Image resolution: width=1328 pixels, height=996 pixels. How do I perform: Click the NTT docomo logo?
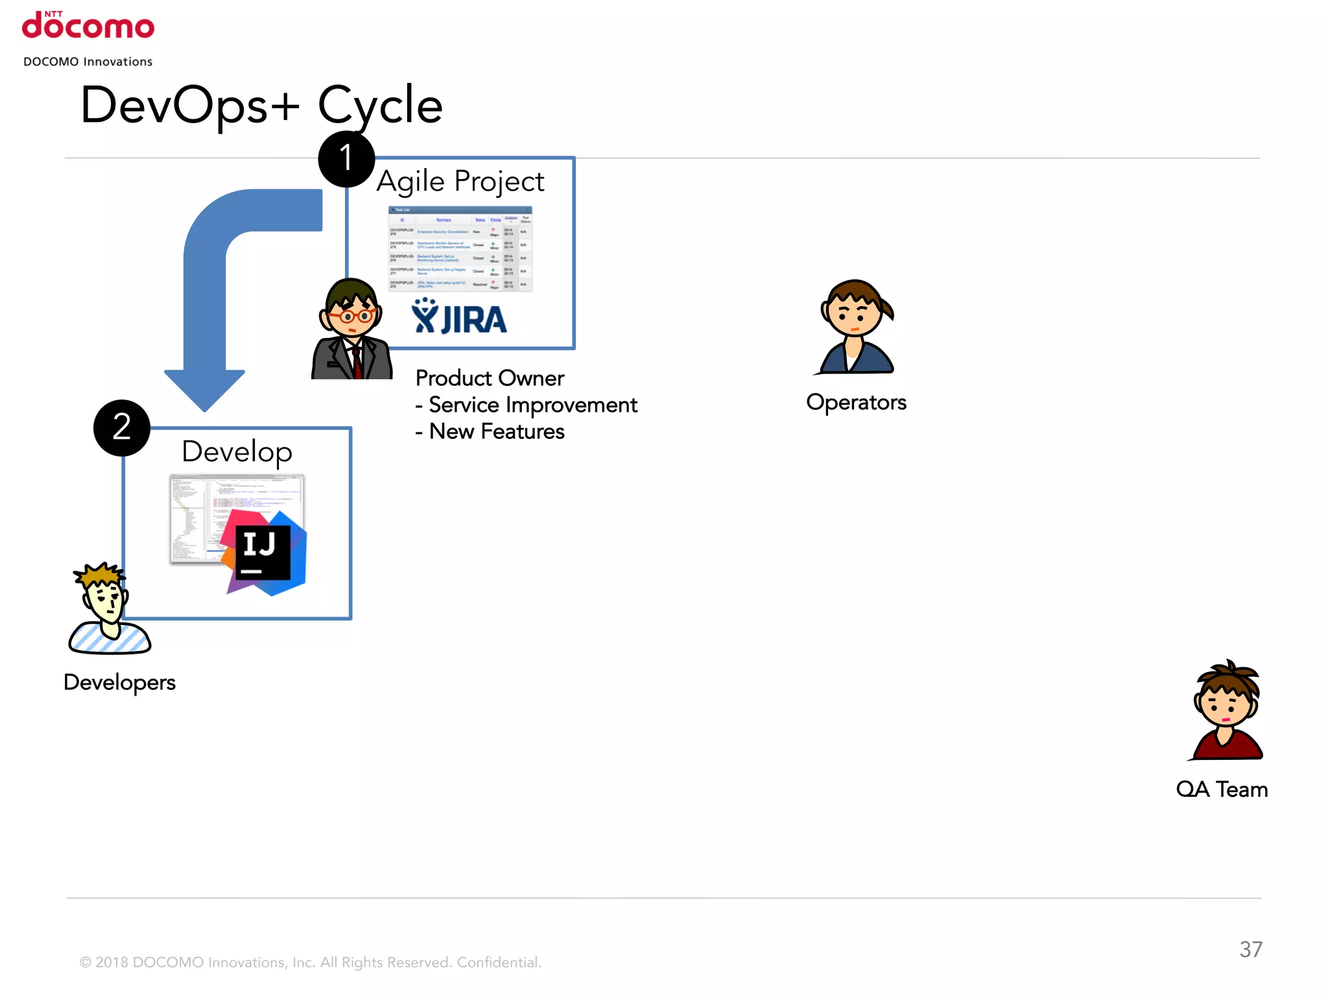(x=88, y=26)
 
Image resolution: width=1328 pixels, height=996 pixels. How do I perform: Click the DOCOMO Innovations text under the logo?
(x=88, y=62)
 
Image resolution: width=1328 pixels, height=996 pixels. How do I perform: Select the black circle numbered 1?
(x=346, y=159)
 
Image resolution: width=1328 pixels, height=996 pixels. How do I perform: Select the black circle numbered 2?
(x=122, y=428)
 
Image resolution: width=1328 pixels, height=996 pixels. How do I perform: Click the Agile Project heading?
(x=460, y=182)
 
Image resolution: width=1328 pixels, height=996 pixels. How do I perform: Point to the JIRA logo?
(x=459, y=317)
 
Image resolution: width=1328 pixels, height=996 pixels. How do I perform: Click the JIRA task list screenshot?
(x=460, y=248)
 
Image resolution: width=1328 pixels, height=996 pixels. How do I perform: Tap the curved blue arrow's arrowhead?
(x=205, y=389)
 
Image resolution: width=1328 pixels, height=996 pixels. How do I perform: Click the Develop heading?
(x=237, y=451)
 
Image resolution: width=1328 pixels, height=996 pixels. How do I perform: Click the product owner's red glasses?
(x=351, y=316)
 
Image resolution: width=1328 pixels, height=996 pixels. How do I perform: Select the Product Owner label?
(x=490, y=378)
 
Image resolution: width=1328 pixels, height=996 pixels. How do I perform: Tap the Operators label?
(x=856, y=402)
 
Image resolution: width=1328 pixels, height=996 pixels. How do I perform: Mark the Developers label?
(x=119, y=682)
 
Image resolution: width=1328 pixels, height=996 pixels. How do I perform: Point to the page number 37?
(x=1251, y=949)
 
